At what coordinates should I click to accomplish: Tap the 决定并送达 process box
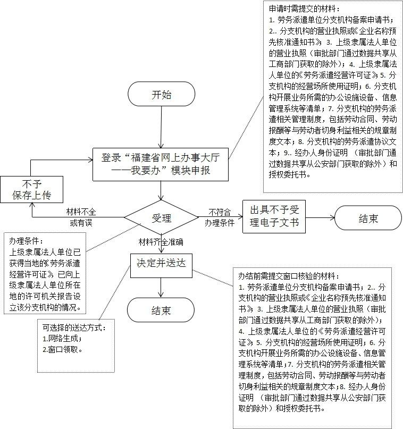tap(161, 263)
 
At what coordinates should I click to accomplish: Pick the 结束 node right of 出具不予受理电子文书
tap(367, 217)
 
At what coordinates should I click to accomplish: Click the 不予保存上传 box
tap(32, 190)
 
